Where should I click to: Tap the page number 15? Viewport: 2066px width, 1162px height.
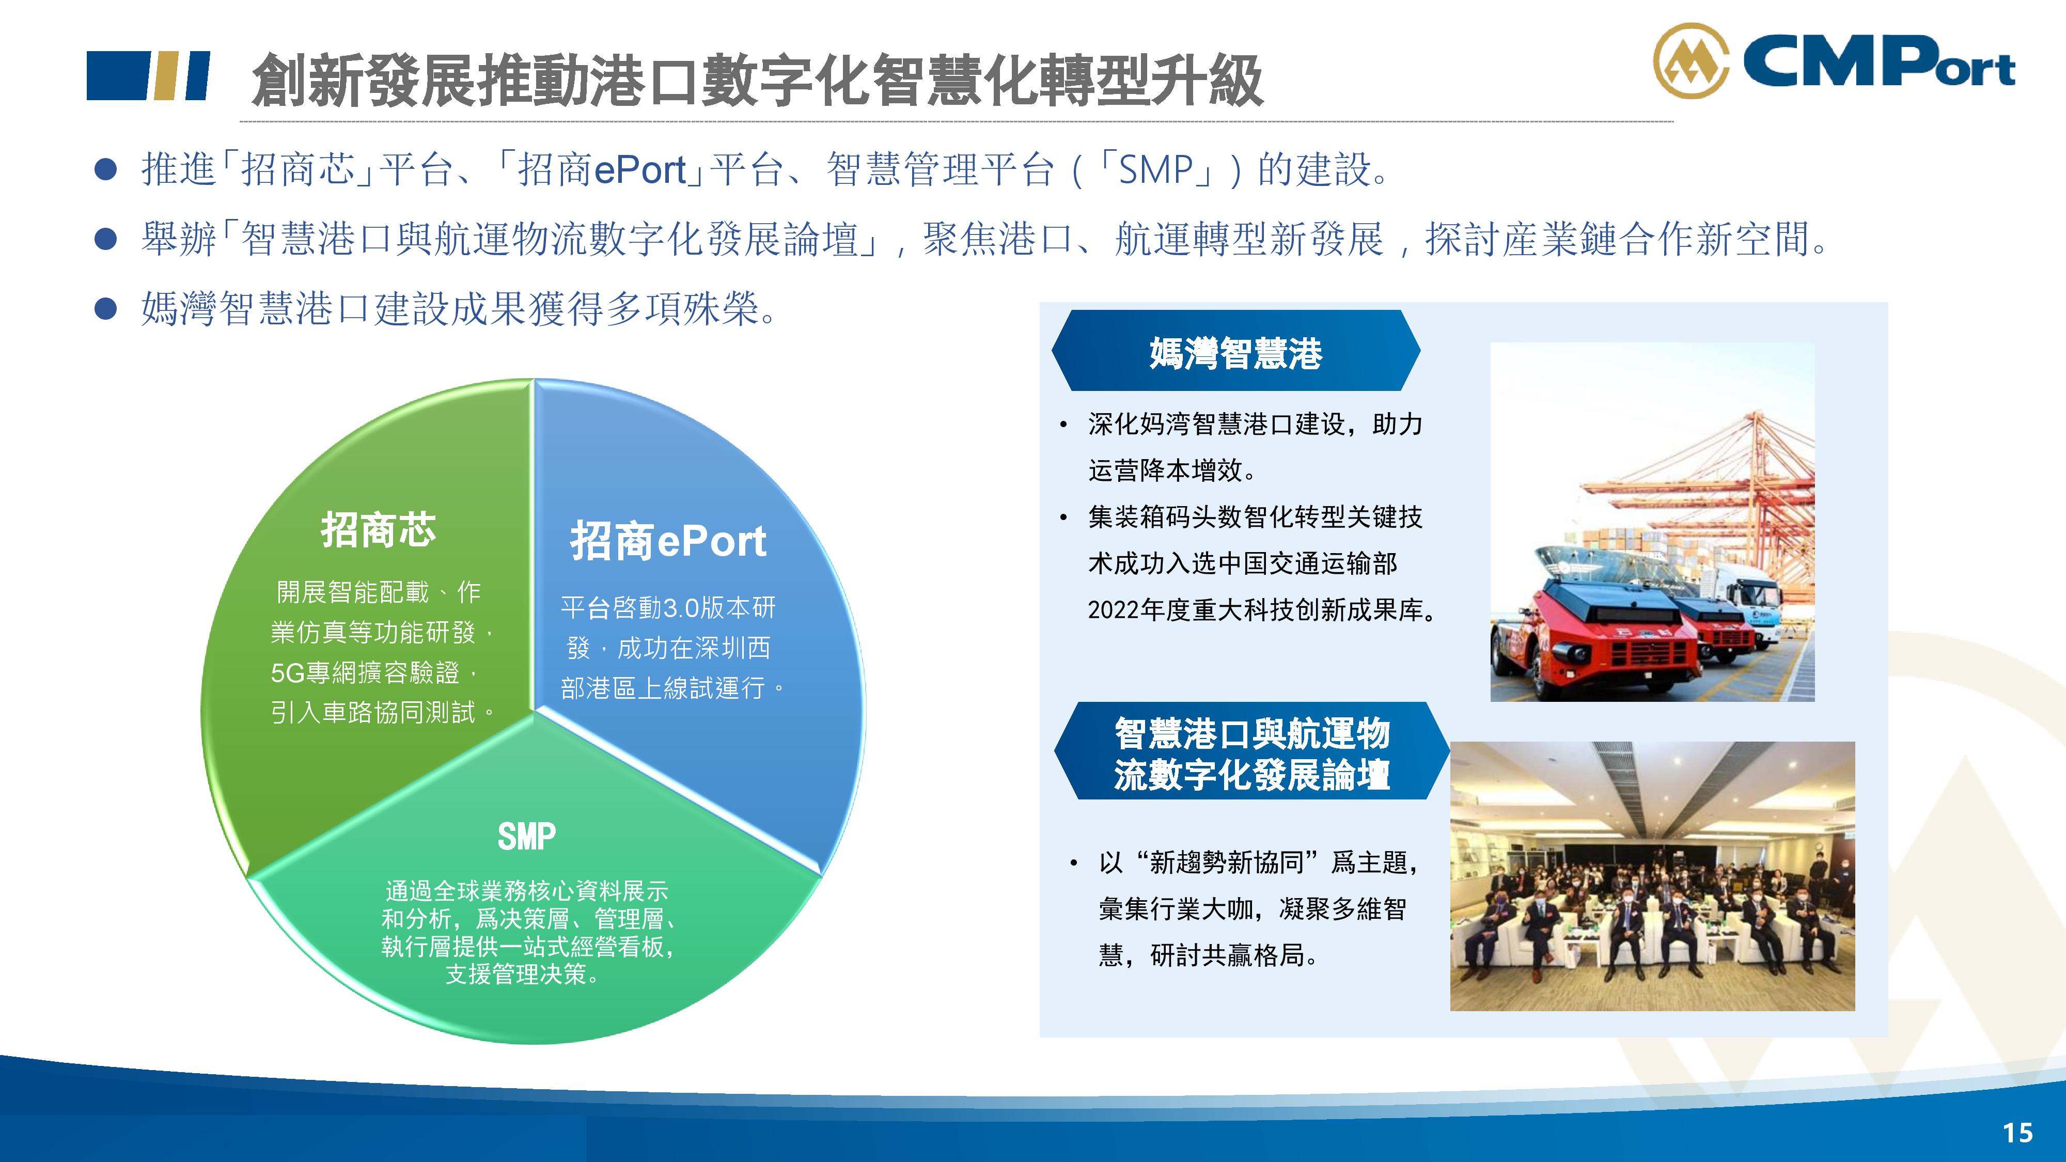pyautogui.click(x=2018, y=1133)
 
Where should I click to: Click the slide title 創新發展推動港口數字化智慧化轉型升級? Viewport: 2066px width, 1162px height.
pyautogui.click(x=757, y=80)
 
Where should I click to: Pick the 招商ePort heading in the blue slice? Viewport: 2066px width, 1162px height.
pyautogui.click(x=668, y=541)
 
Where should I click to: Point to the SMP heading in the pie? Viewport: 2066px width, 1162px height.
pyautogui.click(x=526, y=837)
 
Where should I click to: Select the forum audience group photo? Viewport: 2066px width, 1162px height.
pyautogui.click(x=1652, y=876)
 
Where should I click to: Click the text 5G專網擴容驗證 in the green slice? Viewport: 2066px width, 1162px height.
pyautogui.click(x=365, y=672)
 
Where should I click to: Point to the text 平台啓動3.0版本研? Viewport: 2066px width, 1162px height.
pyautogui.click(x=668, y=607)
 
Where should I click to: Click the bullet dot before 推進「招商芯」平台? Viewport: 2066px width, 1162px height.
pyautogui.click(x=106, y=169)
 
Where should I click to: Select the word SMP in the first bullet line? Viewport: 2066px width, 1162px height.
pyautogui.click(x=1156, y=170)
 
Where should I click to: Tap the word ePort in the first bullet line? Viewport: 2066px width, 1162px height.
pyautogui.click(x=640, y=170)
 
